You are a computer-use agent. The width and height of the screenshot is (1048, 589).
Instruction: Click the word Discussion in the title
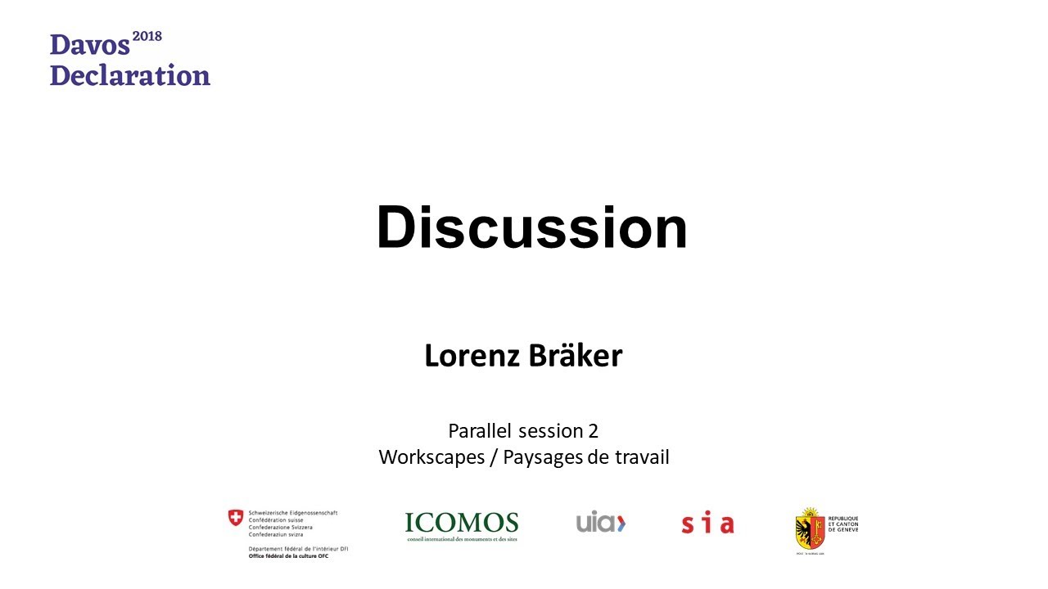(531, 228)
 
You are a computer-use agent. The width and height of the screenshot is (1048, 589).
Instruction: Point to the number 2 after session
(593, 430)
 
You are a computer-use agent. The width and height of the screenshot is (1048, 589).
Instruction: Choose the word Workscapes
(431, 457)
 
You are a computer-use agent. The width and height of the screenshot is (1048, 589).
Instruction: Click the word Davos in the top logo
(89, 46)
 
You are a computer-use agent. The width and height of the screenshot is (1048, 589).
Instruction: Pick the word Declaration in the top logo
(130, 75)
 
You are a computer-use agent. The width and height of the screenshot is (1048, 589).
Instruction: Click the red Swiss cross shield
(236, 517)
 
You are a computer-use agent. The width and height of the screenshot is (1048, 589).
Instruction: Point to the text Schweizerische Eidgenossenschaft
(293, 513)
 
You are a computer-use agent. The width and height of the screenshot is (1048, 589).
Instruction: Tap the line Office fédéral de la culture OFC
(289, 556)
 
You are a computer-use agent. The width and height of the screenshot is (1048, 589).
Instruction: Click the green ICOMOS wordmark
(461, 523)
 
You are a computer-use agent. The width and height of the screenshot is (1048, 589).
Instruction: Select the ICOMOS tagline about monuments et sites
(461, 539)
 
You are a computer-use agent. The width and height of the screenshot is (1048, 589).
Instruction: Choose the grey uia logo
(600, 522)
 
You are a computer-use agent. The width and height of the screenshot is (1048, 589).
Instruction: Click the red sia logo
(707, 524)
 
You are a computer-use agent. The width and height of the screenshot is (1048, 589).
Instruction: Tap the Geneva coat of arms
(809, 529)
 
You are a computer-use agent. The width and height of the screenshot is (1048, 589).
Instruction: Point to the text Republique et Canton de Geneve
(843, 524)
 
